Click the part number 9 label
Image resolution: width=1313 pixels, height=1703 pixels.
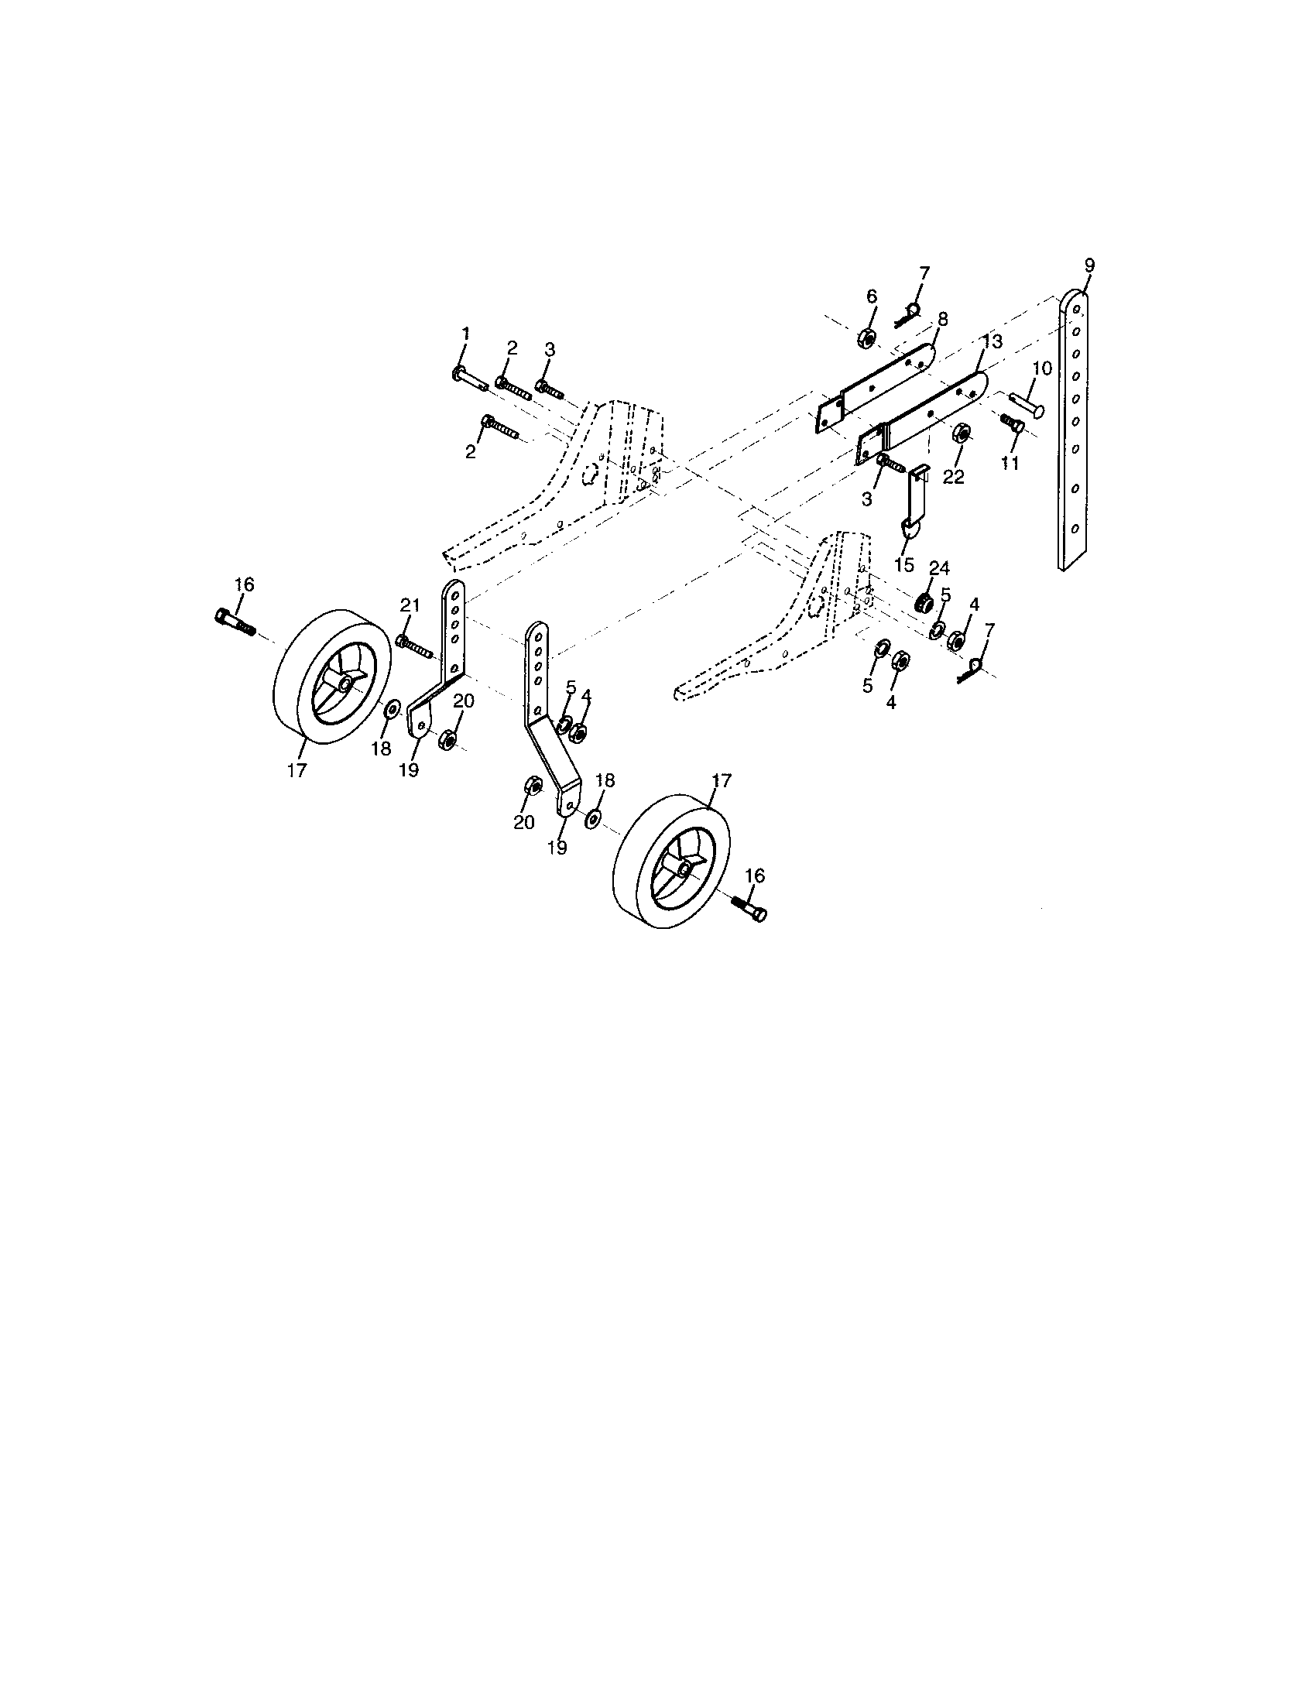1088,266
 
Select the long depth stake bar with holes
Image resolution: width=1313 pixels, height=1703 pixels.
1075,429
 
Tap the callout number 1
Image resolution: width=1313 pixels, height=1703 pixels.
465,334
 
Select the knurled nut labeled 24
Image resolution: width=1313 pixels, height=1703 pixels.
925,603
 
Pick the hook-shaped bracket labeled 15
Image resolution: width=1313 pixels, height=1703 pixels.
915,499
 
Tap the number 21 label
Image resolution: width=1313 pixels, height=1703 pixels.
410,605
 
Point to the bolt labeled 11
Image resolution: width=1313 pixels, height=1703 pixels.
1010,423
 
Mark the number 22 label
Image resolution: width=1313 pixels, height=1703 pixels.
953,476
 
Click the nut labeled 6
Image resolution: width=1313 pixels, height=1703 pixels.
865,338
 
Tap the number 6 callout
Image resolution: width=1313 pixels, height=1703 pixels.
871,296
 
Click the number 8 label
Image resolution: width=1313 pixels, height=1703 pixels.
942,319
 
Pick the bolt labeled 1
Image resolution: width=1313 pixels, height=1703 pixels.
468,379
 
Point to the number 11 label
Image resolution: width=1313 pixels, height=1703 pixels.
1010,463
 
